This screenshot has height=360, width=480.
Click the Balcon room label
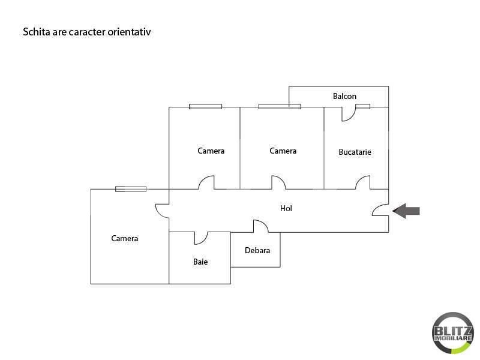point(344,96)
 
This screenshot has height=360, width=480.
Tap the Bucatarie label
point(355,152)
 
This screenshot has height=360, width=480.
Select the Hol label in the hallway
point(286,208)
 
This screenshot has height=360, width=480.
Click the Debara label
point(257,250)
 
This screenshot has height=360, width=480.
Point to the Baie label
point(200,262)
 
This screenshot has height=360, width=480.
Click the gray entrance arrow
point(406,211)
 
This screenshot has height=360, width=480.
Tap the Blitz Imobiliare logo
point(453,333)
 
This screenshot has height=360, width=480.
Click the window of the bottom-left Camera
point(131,189)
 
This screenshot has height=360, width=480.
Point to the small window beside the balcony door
point(363,107)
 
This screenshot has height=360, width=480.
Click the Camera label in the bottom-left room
point(125,238)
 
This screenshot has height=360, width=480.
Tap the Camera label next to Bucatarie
point(283,151)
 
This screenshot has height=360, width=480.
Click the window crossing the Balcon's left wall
point(280,107)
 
